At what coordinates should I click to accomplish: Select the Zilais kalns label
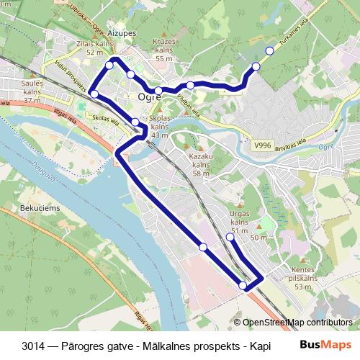(x=93, y=48)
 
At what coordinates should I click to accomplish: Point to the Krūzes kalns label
(x=165, y=53)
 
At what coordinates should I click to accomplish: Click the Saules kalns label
(x=32, y=88)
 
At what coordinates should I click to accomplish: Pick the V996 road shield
(x=264, y=145)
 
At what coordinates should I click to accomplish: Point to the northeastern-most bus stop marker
(x=270, y=50)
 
